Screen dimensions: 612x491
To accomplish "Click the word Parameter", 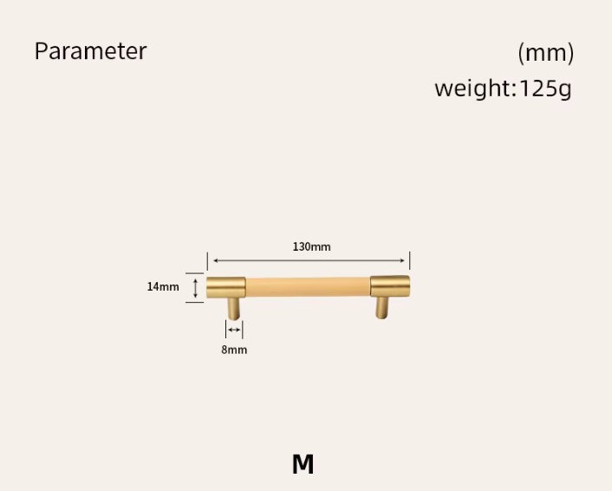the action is (90, 51).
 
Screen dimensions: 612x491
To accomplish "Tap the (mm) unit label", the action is (545, 53).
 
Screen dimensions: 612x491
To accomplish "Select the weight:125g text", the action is (503, 88).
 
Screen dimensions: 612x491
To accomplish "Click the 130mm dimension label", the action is (311, 247).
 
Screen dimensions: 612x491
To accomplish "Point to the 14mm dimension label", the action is (163, 287).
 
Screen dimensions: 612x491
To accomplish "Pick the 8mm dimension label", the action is (234, 350).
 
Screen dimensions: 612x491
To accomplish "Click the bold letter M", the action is (303, 464).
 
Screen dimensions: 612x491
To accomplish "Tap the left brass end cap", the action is (226, 287).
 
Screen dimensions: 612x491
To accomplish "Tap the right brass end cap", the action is (390, 286).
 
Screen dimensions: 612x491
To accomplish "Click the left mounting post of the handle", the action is (234, 309).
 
